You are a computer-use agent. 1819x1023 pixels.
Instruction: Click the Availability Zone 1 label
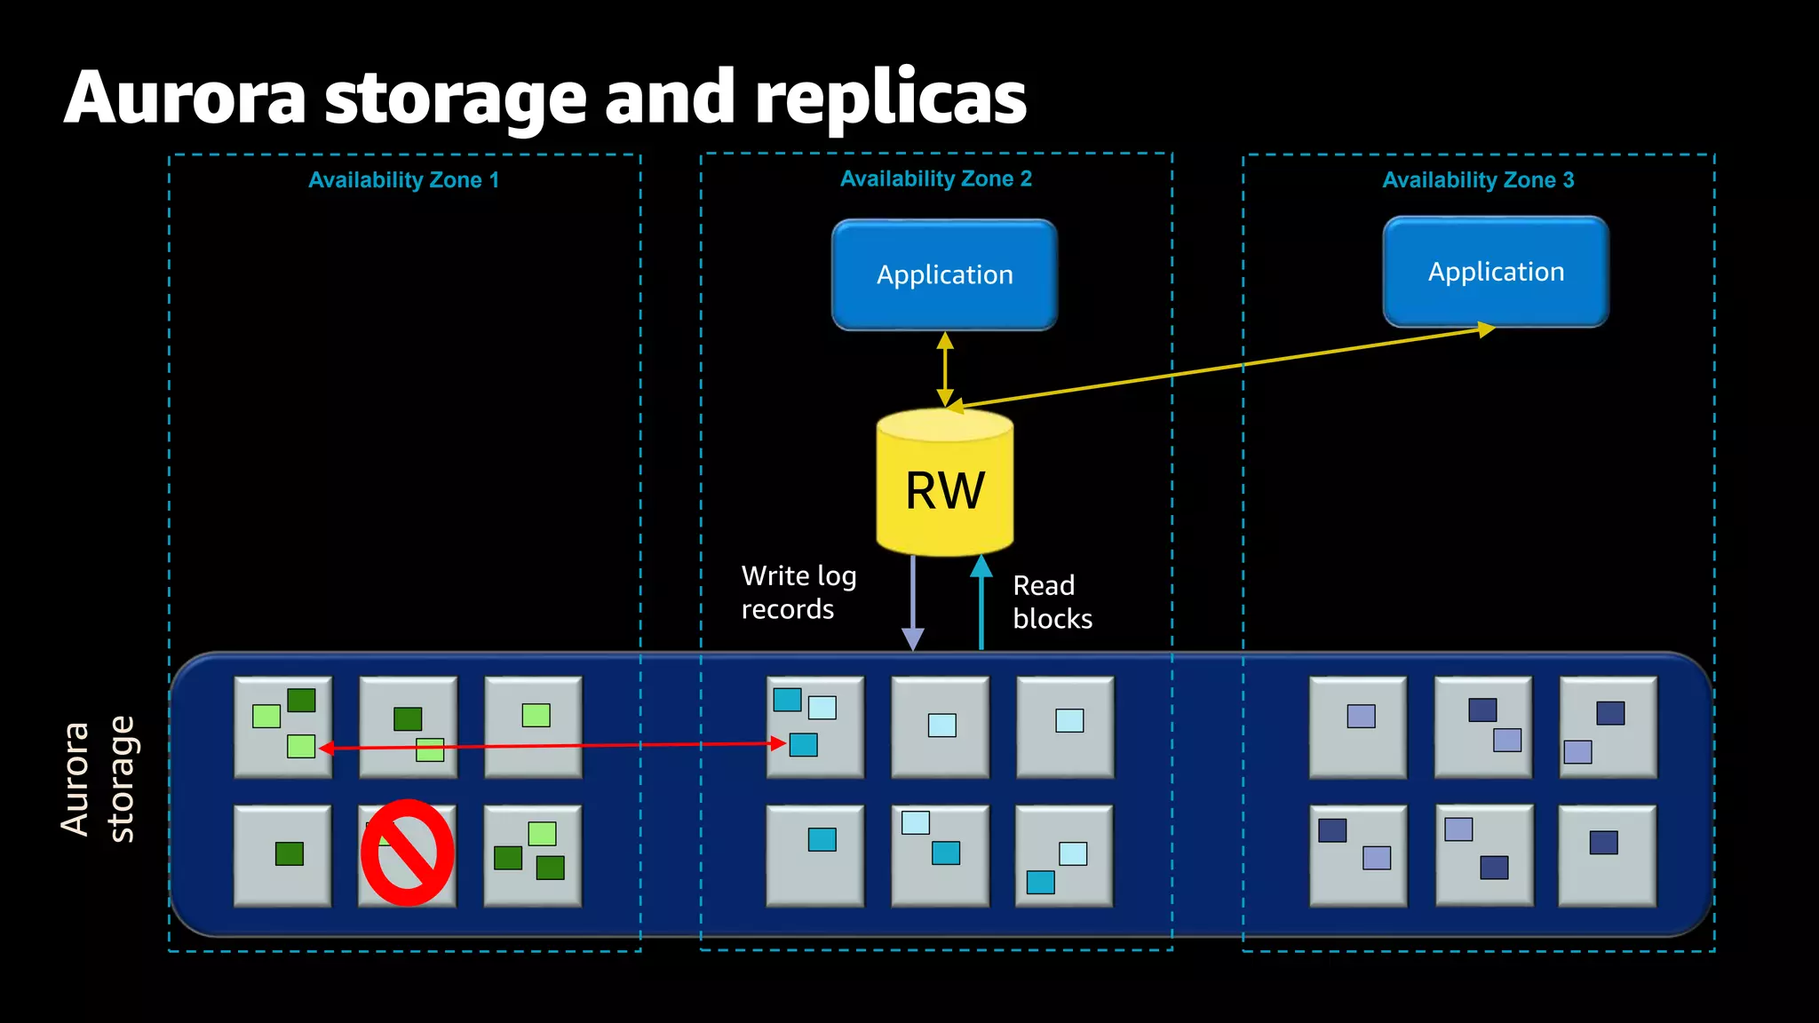(x=403, y=180)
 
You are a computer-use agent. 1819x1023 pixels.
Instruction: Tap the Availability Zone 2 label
(x=935, y=179)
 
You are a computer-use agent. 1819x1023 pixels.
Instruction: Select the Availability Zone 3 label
(x=1477, y=180)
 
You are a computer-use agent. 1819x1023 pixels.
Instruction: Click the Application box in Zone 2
(x=944, y=275)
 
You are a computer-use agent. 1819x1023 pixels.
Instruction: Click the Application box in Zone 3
(x=1496, y=272)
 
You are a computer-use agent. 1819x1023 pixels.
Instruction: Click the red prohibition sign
(x=408, y=852)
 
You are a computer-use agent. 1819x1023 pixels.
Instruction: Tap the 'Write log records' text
(x=798, y=592)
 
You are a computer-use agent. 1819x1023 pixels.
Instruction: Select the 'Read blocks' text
(x=1052, y=602)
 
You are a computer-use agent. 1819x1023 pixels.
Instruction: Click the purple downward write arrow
(x=913, y=604)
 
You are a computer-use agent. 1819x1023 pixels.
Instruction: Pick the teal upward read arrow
(x=981, y=604)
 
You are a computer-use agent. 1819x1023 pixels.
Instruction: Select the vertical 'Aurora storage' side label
(x=98, y=779)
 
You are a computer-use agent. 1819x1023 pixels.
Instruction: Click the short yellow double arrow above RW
(x=945, y=369)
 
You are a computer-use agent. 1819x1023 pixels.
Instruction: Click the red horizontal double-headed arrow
(x=551, y=746)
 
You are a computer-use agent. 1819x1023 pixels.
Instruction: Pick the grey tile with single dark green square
(x=282, y=855)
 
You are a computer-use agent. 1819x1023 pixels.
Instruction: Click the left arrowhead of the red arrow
(x=326, y=749)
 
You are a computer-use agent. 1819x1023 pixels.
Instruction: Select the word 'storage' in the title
(x=455, y=98)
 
